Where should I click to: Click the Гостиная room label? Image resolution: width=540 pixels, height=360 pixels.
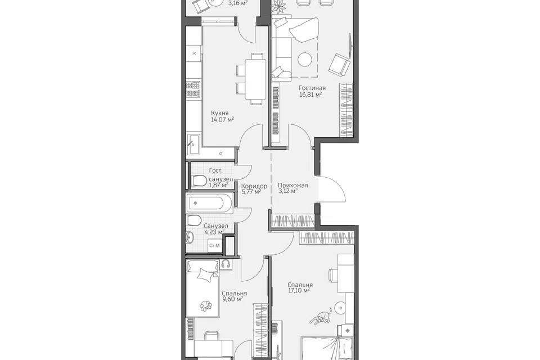[312, 88]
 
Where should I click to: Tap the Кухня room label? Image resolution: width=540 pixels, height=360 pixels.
[220, 113]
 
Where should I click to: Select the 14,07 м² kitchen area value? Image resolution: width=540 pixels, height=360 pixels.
[223, 120]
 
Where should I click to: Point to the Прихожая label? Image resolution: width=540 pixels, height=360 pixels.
[292, 185]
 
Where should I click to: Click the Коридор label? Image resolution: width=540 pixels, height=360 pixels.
[254, 186]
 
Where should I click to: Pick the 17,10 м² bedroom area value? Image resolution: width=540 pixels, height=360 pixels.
[299, 290]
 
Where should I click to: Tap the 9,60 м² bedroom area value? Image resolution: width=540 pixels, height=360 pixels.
[233, 299]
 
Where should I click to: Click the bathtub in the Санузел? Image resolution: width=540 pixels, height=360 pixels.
[210, 203]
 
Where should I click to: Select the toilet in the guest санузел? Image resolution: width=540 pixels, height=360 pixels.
[199, 181]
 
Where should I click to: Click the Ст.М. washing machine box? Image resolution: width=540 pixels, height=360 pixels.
[215, 246]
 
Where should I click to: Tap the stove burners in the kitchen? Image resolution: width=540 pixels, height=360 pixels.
[193, 89]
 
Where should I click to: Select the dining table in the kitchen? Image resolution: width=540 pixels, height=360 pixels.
[255, 79]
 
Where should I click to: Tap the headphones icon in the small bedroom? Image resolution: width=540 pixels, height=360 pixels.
[226, 264]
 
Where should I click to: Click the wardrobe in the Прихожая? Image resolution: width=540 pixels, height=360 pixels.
[292, 221]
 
